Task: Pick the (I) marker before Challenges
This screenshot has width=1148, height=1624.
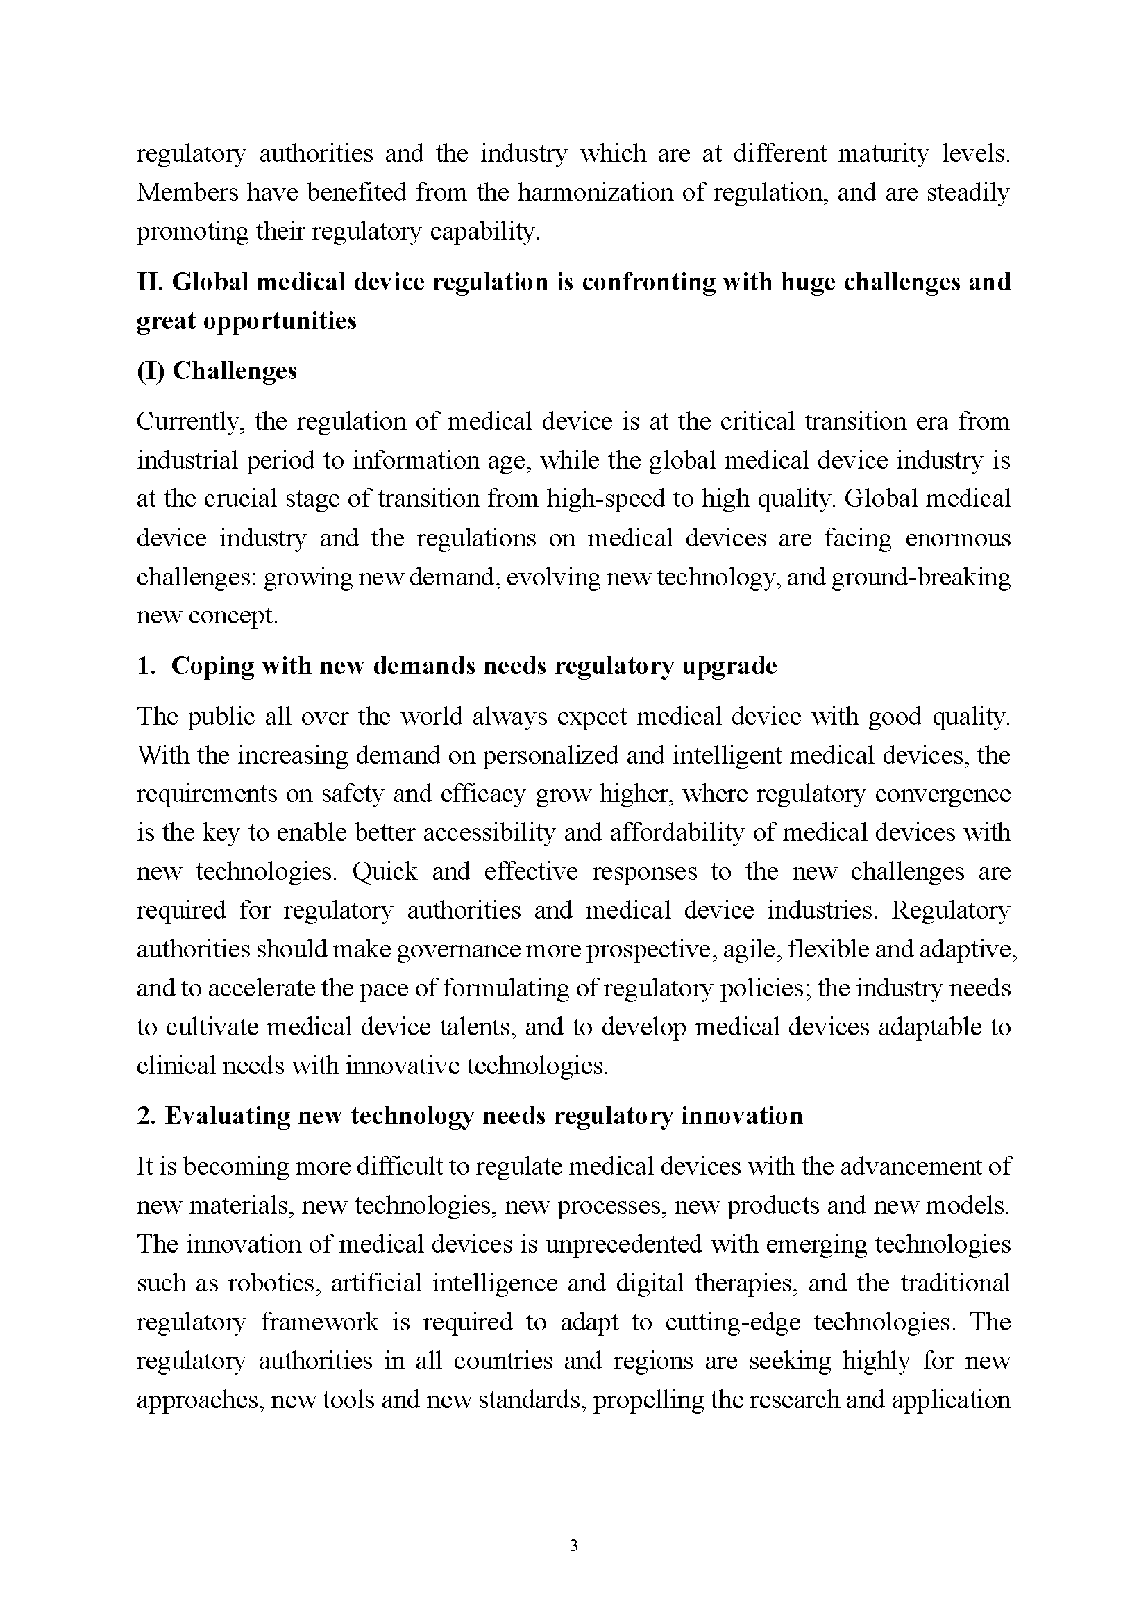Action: pyautogui.click(x=151, y=371)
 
